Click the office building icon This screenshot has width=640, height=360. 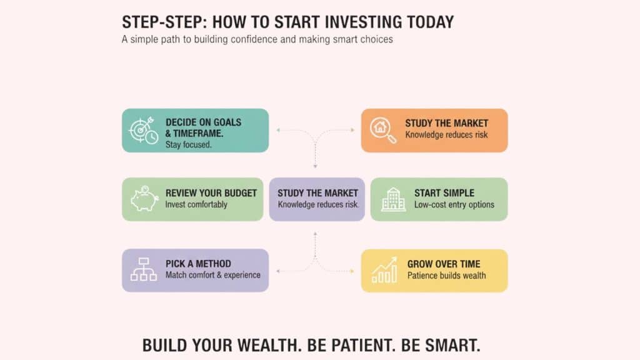coord(393,199)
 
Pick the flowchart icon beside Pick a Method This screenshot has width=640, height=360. coord(143,269)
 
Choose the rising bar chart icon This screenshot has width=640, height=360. coord(384,269)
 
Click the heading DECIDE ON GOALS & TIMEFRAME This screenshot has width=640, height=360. coord(203,127)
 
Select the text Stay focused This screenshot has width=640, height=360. coord(189,145)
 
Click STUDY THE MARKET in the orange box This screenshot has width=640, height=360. coord(446,123)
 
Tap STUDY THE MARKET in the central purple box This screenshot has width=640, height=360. coord(317,193)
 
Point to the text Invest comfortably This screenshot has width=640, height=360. coord(196,204)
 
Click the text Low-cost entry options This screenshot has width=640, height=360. coord(454,204)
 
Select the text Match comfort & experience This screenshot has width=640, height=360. coord(212,275)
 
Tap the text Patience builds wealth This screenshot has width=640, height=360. coord(446,275)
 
